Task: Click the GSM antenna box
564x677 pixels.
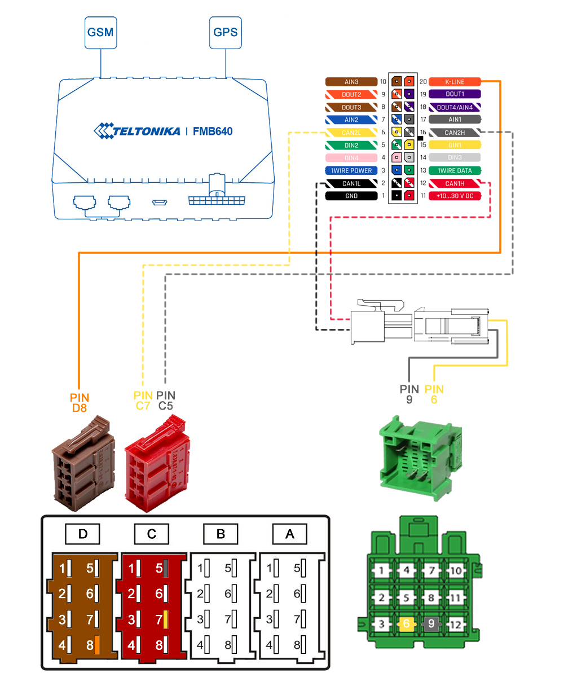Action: coord(100,31)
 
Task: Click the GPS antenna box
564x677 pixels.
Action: coord(225,31)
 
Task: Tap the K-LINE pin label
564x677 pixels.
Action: coord(454,82)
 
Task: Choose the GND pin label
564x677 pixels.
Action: coord(351,196)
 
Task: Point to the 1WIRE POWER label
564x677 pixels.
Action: coord(351,170)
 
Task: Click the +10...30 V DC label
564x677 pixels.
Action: coord(454,196)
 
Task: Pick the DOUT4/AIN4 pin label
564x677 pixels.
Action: coord(454,107)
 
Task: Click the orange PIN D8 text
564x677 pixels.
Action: coord(80,402)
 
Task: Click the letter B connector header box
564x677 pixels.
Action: coord(220,533)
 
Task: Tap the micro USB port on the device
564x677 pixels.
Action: coord(158,201)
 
